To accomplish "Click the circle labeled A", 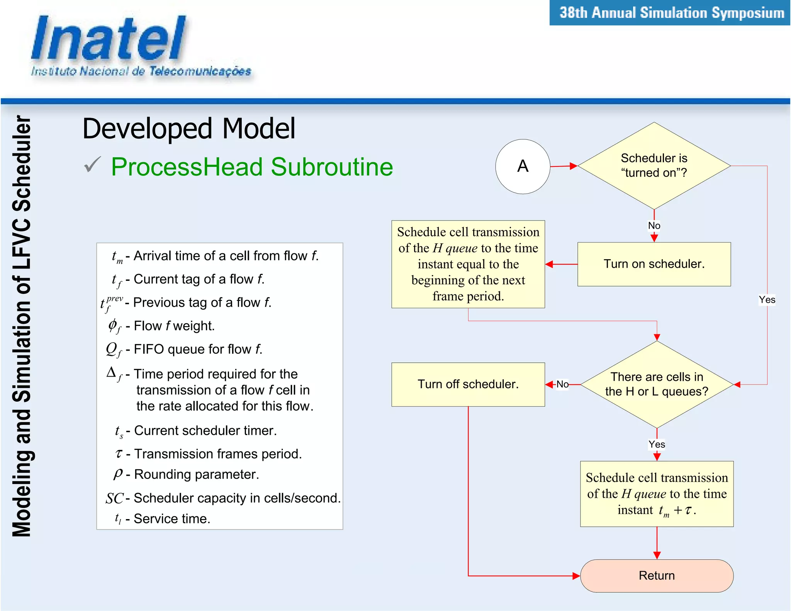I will tap(523, 166).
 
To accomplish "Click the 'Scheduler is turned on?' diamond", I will tap(654, 166).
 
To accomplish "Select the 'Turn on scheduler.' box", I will tap(654, 264).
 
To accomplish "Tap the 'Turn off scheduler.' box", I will tap(468, 384).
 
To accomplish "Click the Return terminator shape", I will tap(657, 575).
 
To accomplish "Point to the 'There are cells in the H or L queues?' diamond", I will tap(657, 384).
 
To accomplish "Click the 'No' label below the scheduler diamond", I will tap(654, 226).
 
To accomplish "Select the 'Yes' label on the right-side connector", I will tap(767, 300).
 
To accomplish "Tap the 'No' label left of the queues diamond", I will tap(562, 384).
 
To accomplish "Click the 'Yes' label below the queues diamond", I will tap(657, 445).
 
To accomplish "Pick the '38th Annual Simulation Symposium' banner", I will tap(671, 13).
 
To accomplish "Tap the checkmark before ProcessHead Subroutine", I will tap(93, 165).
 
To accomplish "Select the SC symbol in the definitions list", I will tap(114, 499).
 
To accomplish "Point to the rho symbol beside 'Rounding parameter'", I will tap(118, 474).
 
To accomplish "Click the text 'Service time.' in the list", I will tap(172, 519).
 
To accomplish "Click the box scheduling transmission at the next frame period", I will tap(468, 264).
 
